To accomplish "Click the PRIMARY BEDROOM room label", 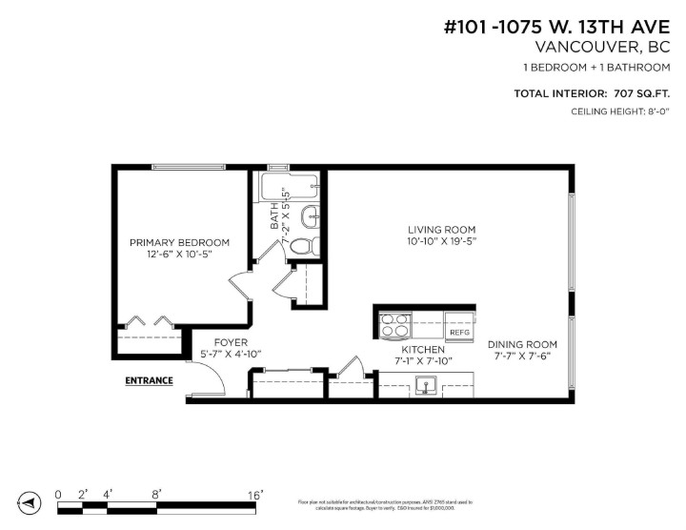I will tap(179, 242).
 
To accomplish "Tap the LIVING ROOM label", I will tap(441, 229).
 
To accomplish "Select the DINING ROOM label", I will tap(522, 344).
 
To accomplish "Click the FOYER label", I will tap(231, 342).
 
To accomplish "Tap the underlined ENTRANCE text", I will tap(150, 380).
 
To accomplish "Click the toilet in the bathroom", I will tap(302, 245).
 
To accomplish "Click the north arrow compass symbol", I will tap(30, 502).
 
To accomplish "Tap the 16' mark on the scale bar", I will tap(254, 494).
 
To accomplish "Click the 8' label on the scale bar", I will tap(156, 494).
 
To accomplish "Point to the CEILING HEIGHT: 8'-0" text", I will tap(620, 112).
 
